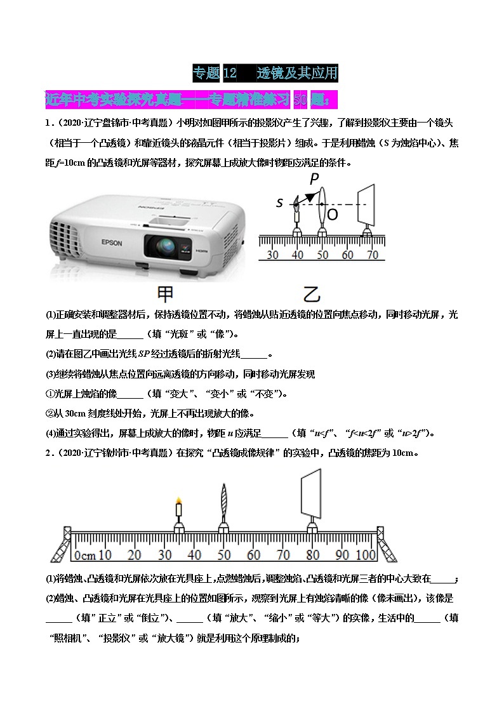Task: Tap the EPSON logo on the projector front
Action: pyautogui.click(x=98, y=243)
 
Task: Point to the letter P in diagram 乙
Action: pyautogui.click(x=314, y=180)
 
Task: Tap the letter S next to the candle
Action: pyautogui.click(x=279, y=203)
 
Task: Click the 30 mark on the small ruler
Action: pyautogui.click(x=272, y=255)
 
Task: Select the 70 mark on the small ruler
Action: pyautogui.click(x=372, y=255)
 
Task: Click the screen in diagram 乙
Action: pyautogui.click(x=366, y=204)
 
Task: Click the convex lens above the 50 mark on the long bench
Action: pyautogui.click(x=223, y=502)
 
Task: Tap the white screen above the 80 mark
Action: pyautogui.click(x=311, y=493)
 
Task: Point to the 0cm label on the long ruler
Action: pyautogui.click(x=84, y=555)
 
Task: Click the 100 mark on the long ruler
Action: pyautogui.click(x=366, y=555)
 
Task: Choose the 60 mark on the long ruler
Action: pyautogui.click(x=254, y=555)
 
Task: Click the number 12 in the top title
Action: pyautogui.click(x=230, y=73)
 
